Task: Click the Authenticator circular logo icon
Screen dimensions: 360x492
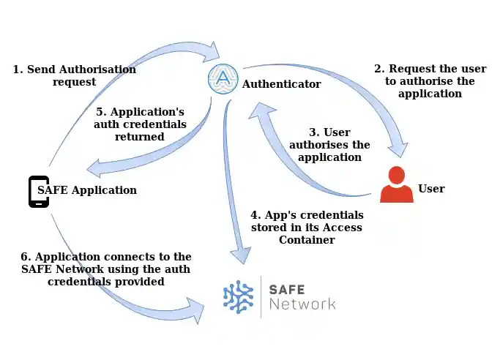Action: click(223, 79)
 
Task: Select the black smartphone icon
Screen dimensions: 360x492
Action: click(39, 191)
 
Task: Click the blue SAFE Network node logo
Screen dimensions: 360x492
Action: click(239, 296)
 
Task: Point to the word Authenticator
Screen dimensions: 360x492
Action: click(281, 84)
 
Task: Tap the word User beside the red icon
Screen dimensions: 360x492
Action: click(431, 189)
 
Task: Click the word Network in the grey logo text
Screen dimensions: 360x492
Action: click(302, 304)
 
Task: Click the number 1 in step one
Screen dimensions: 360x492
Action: click(16, 70)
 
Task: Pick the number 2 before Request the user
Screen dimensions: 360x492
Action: click(378, 69)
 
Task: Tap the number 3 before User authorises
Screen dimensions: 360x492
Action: click(313, 132)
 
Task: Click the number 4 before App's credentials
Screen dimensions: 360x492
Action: click(255, 215)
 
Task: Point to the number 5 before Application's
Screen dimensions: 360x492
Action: click(100, 112)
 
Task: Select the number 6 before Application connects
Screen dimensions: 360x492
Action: click(24, 257)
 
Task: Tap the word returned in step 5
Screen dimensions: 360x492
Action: click(141, 136)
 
